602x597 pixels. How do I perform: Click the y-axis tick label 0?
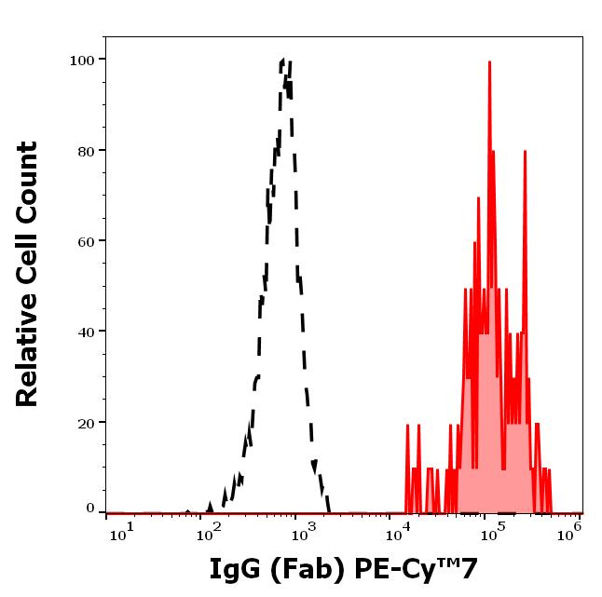coord(90,509)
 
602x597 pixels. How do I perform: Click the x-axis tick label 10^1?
coord(121,529)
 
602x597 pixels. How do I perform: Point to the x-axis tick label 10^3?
coord(306,529)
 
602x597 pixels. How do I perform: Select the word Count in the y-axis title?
coord(28,178)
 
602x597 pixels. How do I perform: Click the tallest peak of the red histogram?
coord(489,61)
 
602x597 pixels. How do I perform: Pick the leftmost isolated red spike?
coord(407,426)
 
